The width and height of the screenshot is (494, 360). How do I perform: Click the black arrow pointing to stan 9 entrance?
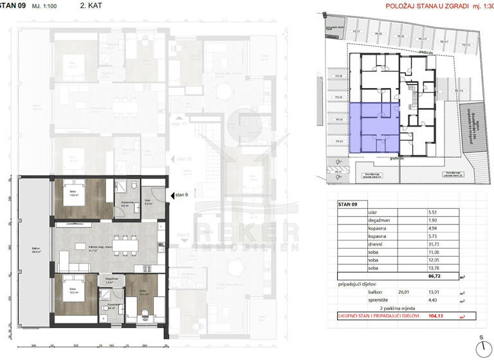tap(170, 197)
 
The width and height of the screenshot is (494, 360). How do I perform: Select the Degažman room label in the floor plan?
tap(111, 278)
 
